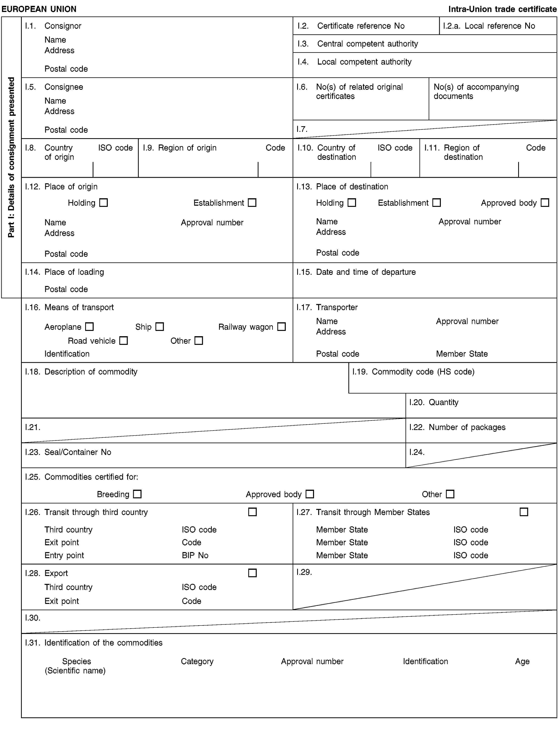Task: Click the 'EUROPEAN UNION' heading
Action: tap(39, 9)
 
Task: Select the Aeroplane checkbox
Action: tap(89, 327)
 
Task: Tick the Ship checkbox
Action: tap(160, 327)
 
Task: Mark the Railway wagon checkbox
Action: tap(281, 327)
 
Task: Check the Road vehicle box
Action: tap(123, 341)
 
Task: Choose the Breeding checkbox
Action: tap(137, 494)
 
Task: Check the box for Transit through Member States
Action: tap(524, 512)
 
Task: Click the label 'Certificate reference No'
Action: tap(361, 26)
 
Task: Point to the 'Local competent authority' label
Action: tap(364, 62)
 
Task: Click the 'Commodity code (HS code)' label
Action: tap(423, 372)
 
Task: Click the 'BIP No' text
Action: tap(195, 555)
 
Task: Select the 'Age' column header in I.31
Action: tap(522, 661)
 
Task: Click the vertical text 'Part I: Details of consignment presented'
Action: tap(11, 157)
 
